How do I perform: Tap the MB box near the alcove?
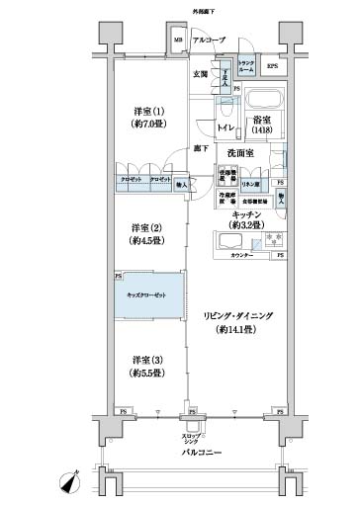[178, 41]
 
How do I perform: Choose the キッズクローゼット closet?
[148, 295]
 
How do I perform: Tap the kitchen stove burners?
[271, 241]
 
